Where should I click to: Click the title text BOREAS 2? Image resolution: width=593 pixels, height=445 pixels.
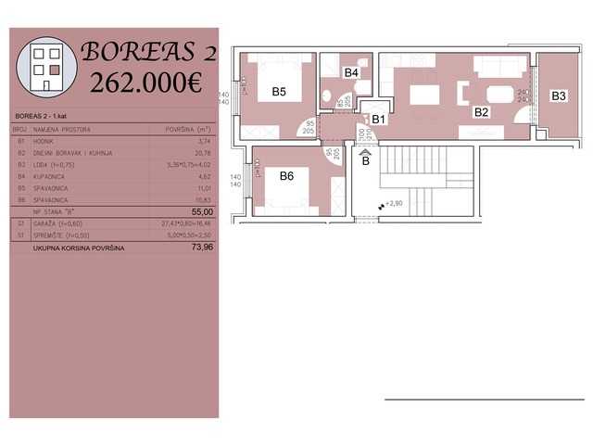click(x=148, y=51)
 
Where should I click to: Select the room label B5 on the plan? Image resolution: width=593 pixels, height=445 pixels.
click(x=279, y=92)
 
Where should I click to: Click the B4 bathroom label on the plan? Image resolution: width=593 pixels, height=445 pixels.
click(x=351, y=72)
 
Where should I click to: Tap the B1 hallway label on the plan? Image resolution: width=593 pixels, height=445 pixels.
click(x=378, y=119)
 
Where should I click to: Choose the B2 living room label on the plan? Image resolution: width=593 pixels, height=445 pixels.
click(x=481, y=112)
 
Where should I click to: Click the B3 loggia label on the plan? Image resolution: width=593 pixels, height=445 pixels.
click(x=559, y=95)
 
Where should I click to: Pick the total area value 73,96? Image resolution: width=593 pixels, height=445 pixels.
click(x=201, y=248)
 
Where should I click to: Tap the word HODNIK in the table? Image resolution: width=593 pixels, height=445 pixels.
click(x=46, y=141)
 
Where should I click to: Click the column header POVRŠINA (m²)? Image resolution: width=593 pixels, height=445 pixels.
click(x=189, y=129)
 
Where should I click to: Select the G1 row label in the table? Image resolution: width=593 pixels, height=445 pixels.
click(x=20, y=224)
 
